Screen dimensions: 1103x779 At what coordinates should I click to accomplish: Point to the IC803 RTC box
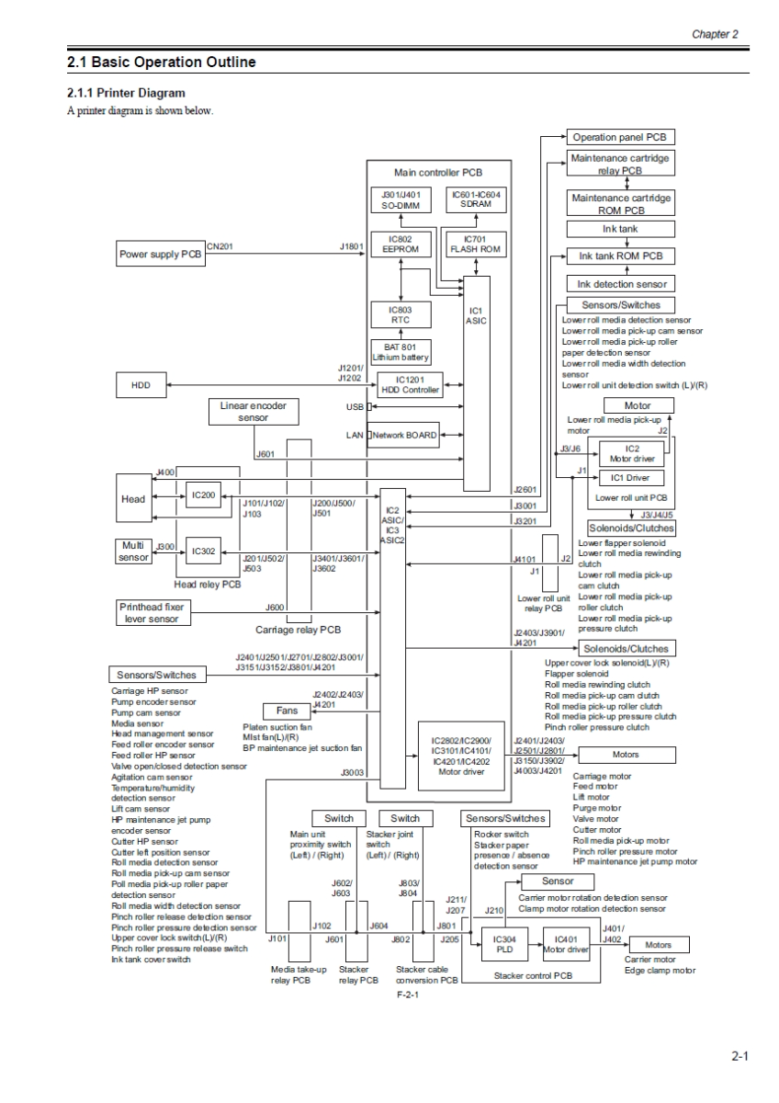pos(400,315)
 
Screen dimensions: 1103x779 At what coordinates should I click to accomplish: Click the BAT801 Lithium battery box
pos(400,351)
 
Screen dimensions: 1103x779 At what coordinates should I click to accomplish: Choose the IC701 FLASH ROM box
pos(474,244)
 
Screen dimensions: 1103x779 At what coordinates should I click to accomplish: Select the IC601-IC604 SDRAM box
pos(474,200)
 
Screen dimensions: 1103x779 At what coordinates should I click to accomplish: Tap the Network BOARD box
pos(405,435)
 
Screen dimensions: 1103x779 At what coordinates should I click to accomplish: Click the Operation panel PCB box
pos(620,137)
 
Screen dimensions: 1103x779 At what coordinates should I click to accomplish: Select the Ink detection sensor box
pos(620,284)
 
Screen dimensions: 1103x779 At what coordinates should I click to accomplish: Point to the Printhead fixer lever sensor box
pos(154,612)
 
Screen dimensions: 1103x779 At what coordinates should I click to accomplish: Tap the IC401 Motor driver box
pos(565,944)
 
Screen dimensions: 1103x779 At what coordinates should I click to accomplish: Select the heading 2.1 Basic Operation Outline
pos(162,63)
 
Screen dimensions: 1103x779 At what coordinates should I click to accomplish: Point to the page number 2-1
pos(739,1057)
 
